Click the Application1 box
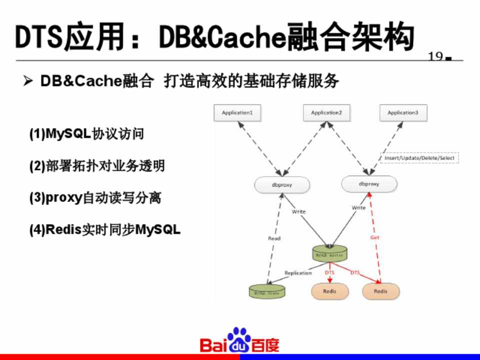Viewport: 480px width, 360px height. coord(237,112)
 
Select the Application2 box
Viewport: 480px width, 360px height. coord(326,112)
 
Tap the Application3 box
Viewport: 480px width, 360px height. coord(403,112)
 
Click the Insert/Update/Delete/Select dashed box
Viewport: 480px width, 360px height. coord(420,158)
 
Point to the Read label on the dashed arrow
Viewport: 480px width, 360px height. coord(274,238)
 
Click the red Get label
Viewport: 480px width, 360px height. coord(375,237)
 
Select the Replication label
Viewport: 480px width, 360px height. coord(298,273)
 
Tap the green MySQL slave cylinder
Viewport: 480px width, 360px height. coord(267,290)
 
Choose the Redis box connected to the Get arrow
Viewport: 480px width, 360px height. coord(380,291)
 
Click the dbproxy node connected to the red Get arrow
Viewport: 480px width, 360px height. coord(369,184)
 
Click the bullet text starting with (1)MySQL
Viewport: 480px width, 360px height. coord(86,134)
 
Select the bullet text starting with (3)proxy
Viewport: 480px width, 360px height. coord(95,198)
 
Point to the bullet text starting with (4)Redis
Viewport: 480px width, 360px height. coord(104,230)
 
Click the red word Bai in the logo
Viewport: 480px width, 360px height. coord(212,344)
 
